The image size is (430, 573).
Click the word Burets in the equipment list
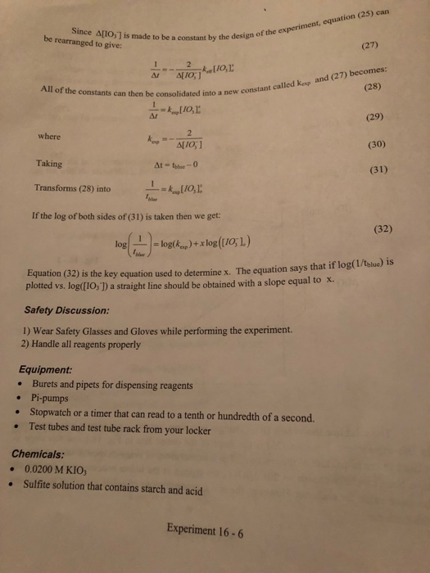coord(48,384)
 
